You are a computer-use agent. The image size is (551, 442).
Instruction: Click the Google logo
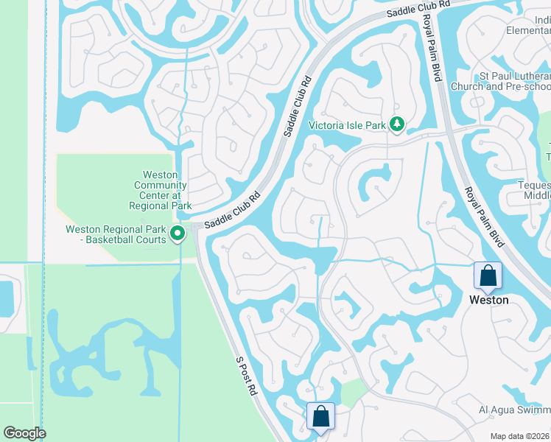[x=25, y=432]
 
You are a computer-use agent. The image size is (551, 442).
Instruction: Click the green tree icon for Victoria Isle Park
[x=398, y=124]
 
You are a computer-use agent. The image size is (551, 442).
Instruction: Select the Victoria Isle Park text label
[x=347, y=126]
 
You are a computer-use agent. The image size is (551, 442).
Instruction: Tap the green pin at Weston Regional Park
[x=178, y=234]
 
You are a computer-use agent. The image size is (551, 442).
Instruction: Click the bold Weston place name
[x=488, y=300]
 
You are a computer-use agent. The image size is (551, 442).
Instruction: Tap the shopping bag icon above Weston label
[x=488, y=276]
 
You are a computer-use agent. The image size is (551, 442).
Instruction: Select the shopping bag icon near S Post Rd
[x=321, y=416]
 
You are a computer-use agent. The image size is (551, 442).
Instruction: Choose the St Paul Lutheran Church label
[x=501, y=81]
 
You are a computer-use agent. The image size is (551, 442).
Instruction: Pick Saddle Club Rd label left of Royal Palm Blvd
[x=417, y=9]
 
